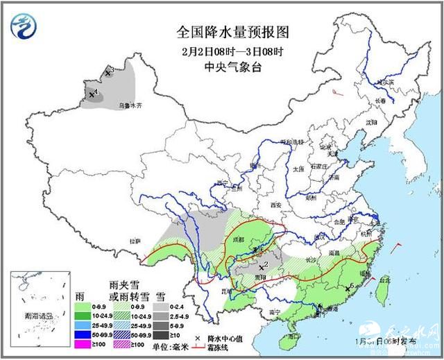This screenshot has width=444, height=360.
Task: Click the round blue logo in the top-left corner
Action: click(x=23, y=26)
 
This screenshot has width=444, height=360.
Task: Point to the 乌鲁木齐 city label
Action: click(x=129, y=105)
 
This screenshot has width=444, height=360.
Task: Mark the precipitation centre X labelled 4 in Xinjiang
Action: click(x=91, y=94)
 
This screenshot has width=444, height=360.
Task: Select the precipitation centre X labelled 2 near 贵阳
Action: click(x=260, y=266)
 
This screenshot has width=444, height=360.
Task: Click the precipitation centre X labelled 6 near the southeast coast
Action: click(x=347, y=288)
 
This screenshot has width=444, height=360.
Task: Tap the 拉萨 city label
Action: click(x=135, y=241)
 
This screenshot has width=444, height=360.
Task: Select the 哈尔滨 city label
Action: click(x=384, y=83)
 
